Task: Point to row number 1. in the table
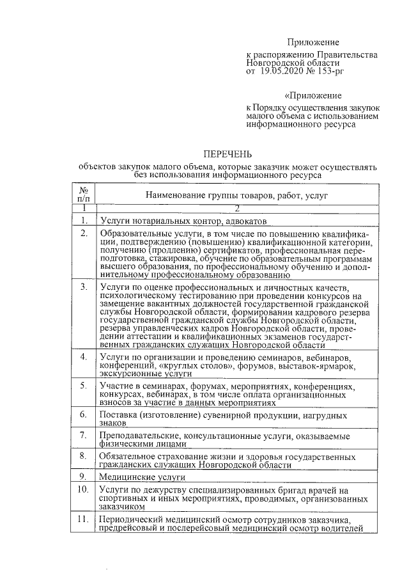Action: pos(83,221)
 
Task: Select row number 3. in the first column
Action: pos(83,286)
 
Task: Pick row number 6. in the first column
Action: pos(83,414)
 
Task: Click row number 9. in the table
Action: pos(83,477)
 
